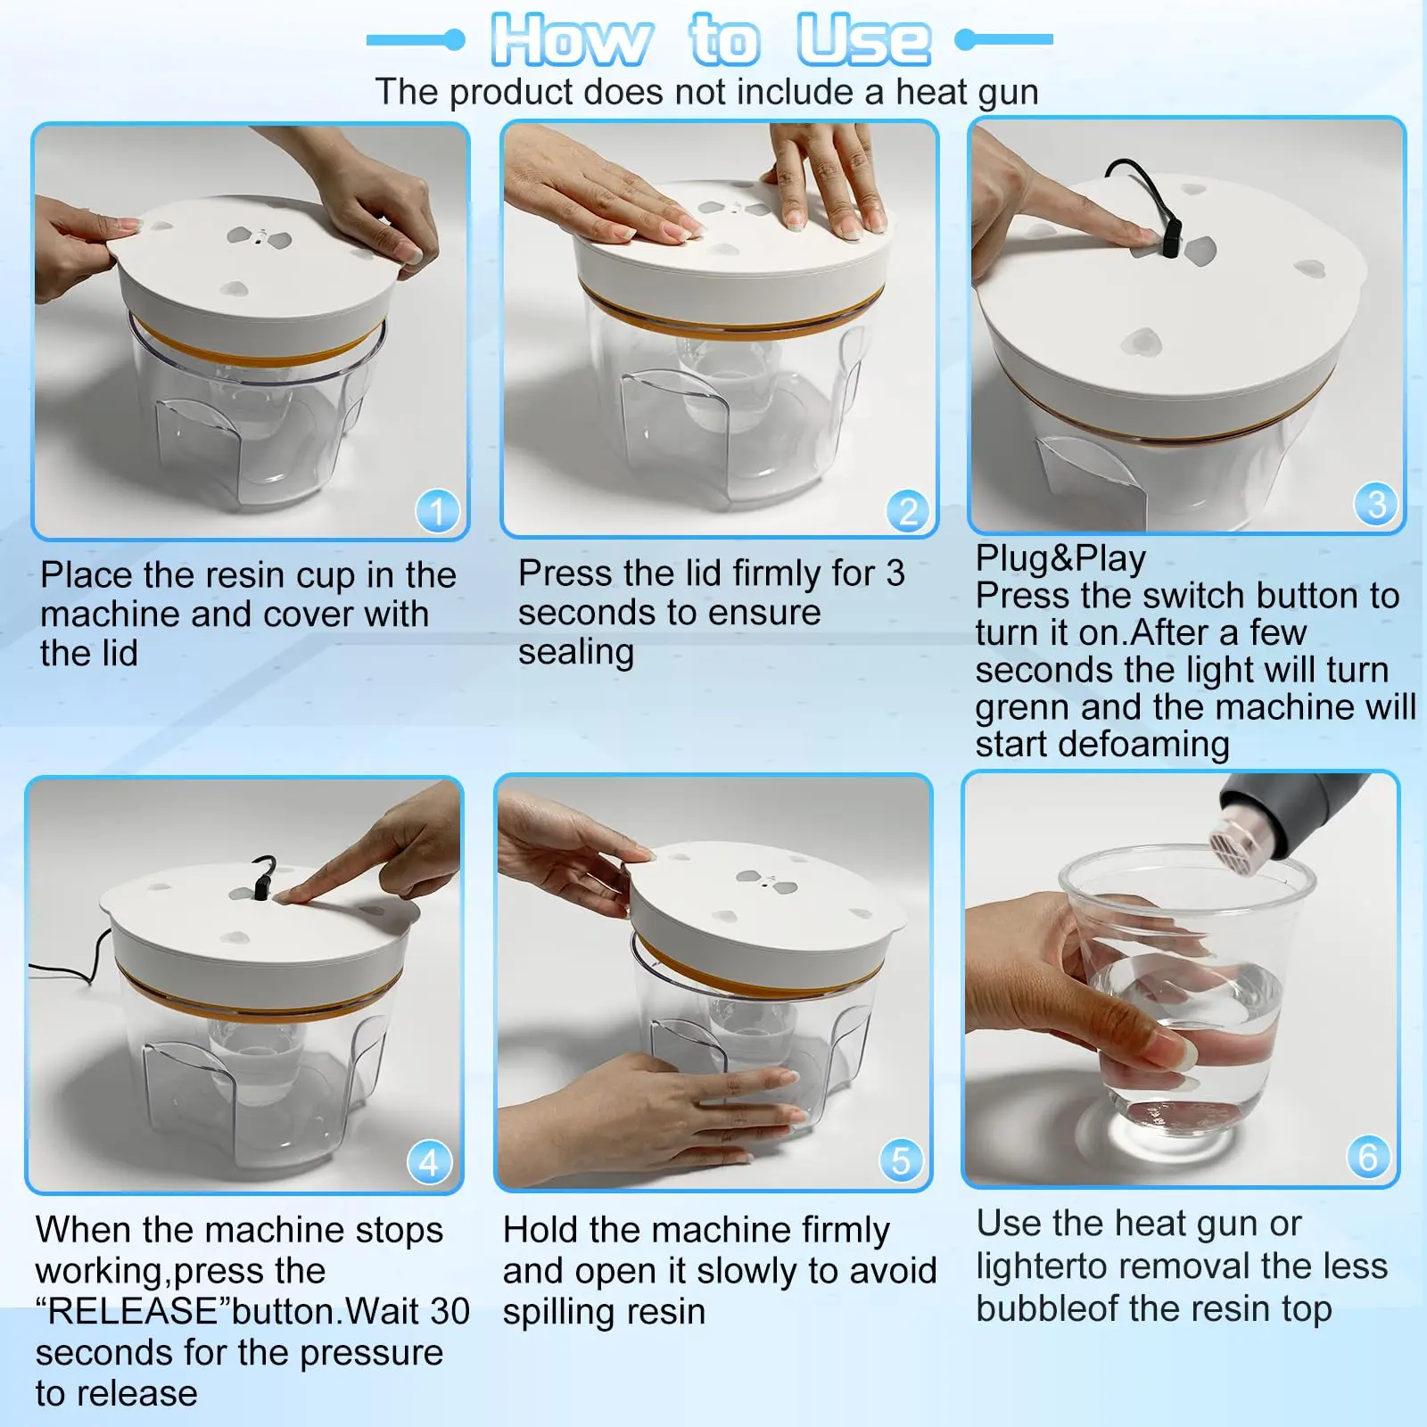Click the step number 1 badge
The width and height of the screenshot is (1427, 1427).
click(x=437, y=511)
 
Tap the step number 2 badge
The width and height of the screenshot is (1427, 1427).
click(x=908, y=511)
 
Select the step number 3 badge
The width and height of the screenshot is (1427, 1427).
click(x=1376, y=504)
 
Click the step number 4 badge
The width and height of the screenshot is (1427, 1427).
click(x=429, y=1163)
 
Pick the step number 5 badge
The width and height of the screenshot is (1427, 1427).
click(x=901, y=1160)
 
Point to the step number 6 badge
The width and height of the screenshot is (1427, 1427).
click(x=1368, y=1157)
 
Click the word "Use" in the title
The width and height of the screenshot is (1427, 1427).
click(x=863, y=40)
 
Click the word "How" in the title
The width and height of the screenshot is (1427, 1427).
click(x=571, y=40)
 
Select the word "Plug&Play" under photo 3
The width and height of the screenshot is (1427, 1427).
click(x=1060, y=558)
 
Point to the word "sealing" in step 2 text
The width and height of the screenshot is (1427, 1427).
click(x=576, y=653)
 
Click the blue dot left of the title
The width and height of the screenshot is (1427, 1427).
click(x=455, y=39)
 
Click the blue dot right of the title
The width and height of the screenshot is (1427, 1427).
click(x=965, y=39)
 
